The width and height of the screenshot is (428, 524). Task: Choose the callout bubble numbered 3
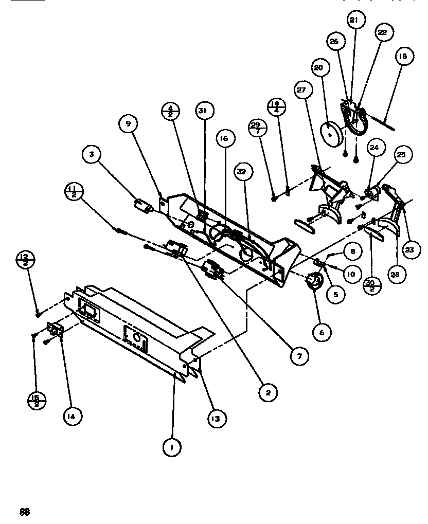click(92, 154)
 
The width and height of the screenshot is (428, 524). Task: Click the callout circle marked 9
click(127, 124)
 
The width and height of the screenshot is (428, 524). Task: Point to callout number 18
click(403, 56)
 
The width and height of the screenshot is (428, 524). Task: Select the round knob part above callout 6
click(313, 281)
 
